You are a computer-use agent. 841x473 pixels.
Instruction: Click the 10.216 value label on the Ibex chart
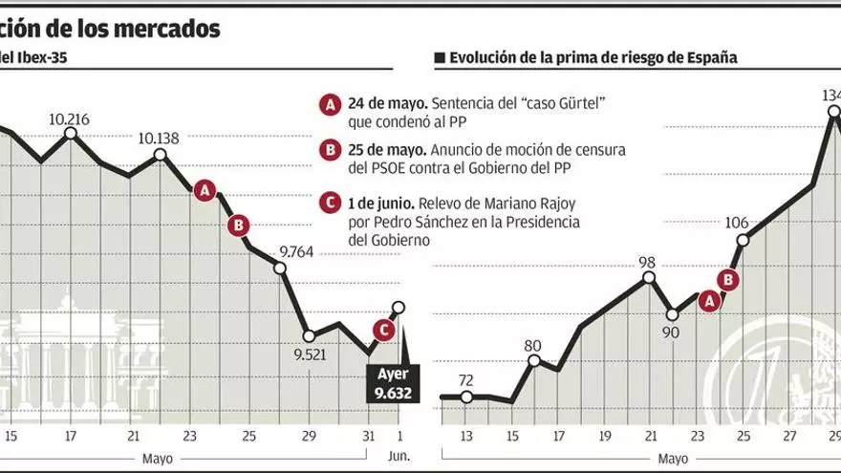[70, 119]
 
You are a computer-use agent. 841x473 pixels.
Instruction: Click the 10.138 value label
[159, 138]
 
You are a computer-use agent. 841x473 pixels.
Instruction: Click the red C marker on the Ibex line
[382, 330]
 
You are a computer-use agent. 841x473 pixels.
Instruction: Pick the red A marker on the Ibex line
[204, 191]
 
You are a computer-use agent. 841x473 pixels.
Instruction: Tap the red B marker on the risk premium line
[728, 279]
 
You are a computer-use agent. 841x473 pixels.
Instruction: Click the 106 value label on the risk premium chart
[736, 223]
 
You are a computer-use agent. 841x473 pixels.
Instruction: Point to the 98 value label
[647, 262]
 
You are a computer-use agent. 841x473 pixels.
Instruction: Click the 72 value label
[465, 380]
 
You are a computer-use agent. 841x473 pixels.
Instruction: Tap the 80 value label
[533, 345]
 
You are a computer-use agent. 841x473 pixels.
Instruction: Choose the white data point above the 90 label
[671, 313]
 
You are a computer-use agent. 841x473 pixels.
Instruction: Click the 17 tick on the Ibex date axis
[71, 437]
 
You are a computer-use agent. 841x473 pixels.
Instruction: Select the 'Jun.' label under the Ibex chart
[399, 456]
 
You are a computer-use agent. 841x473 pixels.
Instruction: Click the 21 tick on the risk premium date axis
[649, 437]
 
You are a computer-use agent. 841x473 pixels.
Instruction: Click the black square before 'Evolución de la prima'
[440, 58]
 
